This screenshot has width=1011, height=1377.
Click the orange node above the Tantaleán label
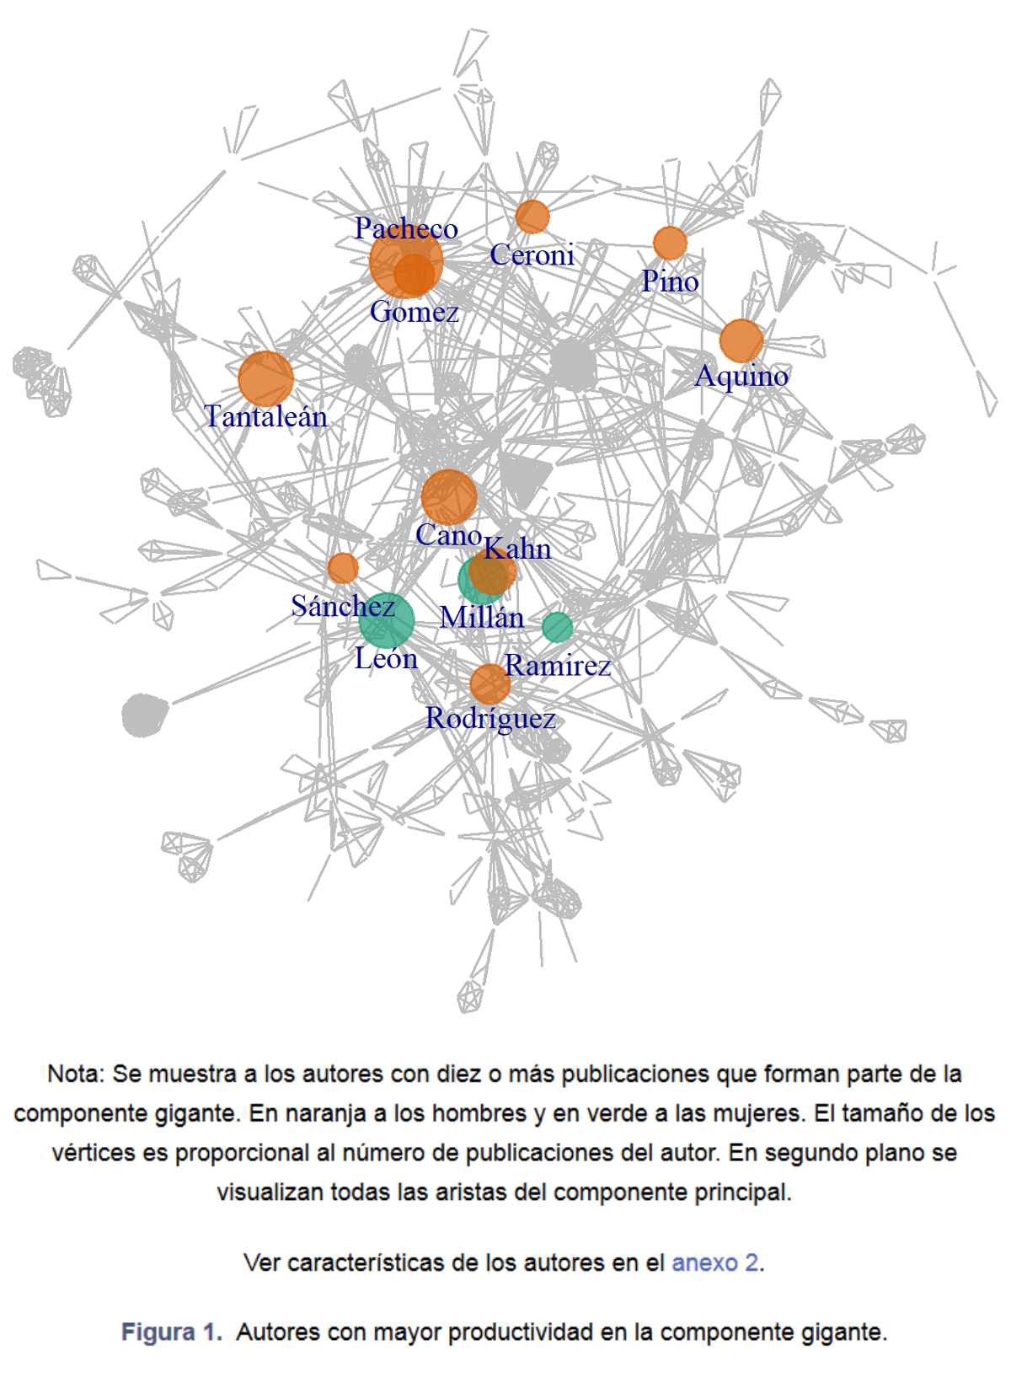coord(265,379)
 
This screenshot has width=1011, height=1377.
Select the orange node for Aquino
coord(741,340)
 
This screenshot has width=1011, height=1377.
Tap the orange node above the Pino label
coord(670,243)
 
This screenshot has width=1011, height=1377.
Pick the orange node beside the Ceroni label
coord(532,217)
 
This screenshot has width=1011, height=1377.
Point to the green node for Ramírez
coord(558,628)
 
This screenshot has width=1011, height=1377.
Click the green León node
coord(387,620)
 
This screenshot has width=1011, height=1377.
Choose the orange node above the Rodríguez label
coord(489,683)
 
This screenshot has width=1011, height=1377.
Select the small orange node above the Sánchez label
coord(343,567)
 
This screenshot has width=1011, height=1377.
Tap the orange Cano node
coord(449,497)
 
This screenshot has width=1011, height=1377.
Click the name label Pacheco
coord(406,228)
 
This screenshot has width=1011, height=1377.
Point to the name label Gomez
coord(415,311)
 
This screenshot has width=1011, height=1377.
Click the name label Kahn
coord(516,549)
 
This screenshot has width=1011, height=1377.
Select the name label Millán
coord(482,617)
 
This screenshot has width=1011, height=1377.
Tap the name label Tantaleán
coord(266,417)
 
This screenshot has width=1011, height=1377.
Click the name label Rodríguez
coord(490,719)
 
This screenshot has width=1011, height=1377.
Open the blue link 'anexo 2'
coord(714,1262)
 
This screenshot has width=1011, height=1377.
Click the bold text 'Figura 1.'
coord(172,1331)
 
